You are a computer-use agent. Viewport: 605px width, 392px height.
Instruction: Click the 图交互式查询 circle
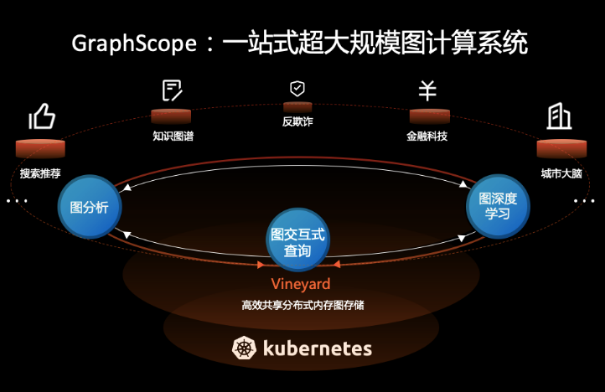(298, 237)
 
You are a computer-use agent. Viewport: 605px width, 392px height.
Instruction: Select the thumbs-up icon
(42, 116)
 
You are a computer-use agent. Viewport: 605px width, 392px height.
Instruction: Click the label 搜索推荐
(41, 175)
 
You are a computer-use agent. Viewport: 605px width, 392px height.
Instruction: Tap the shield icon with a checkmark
(297, 88)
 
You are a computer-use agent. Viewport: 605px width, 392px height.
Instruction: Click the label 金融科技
(427, 135)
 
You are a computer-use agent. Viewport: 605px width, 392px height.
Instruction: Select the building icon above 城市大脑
(559, 116)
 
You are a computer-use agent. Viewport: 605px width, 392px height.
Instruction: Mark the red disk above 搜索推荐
(40, 148)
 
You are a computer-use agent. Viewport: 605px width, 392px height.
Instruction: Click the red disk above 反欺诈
(297, 106)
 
